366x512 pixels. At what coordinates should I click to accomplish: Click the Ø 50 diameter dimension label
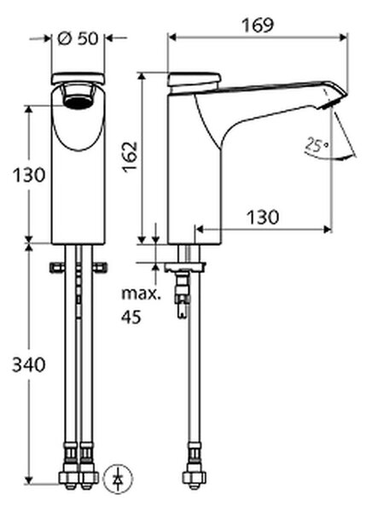78,39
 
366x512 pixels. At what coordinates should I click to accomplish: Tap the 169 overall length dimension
258,26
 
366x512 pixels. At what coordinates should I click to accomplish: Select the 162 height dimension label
130,157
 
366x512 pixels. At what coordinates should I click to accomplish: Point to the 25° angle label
317,145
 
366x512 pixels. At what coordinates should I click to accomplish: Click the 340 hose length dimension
29,364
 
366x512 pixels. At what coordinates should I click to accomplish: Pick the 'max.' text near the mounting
141,294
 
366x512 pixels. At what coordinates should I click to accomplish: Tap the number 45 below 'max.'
131,317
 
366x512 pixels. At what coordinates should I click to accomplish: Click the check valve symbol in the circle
119,479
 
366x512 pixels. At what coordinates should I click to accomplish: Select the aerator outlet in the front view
78,102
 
